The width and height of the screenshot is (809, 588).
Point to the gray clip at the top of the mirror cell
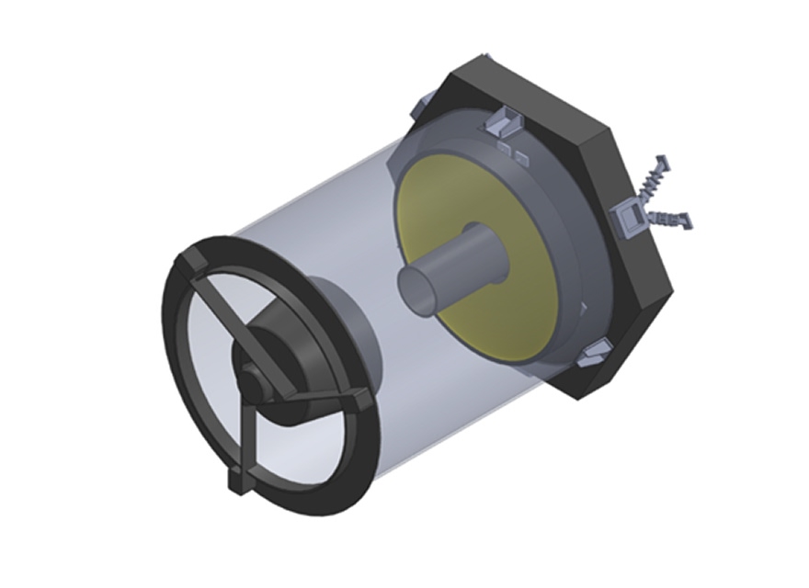pos(504,119)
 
